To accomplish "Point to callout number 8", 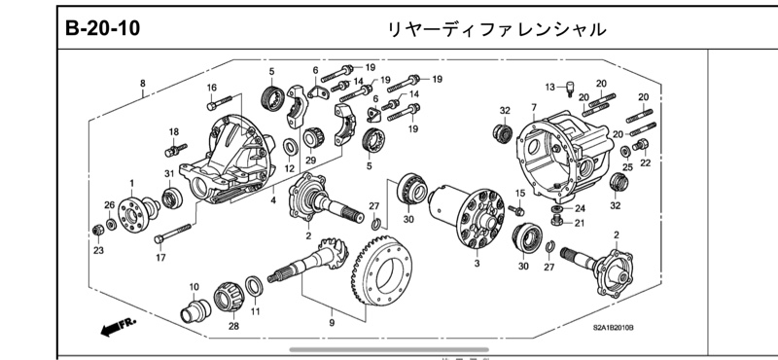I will [x=143, y=84].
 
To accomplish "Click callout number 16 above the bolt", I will [x=211, y=88].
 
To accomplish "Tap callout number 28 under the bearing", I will [x=233, y=326].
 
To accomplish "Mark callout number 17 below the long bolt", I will [x=159, y=259].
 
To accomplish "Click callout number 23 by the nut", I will [x=98, y=251].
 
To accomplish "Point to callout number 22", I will [x=645, y=163].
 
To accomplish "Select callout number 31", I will [x=168, y=174].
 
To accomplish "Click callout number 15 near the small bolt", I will [x=519, y=195].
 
